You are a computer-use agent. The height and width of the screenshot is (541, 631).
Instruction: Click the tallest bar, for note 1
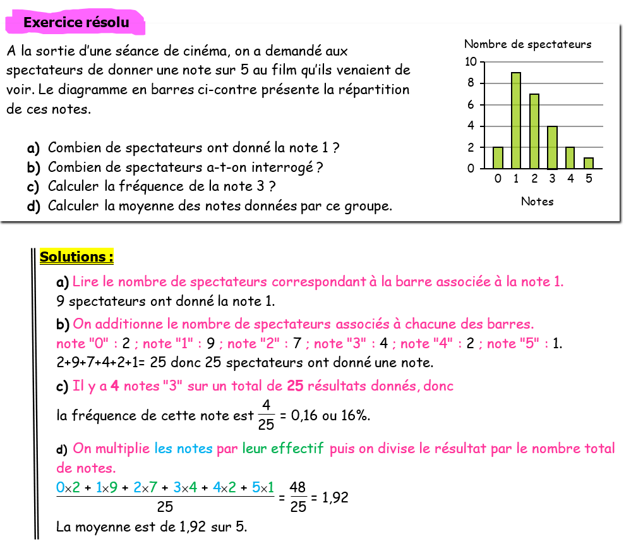pyautogui.click(x=516, y=121)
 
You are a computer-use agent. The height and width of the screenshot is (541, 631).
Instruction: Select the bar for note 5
pyautogui.click(x=588, y=163)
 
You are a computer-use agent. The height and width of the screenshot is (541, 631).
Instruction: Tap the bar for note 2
pyautogui.click(x=534, y=131)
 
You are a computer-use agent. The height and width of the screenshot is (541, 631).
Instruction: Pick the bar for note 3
pyautogui.click(x=552, y=147)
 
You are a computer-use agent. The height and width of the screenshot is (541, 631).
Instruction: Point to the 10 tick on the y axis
pyautogui.click(x=471, y=62)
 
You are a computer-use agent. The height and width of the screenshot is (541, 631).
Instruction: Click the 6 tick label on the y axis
pyautogui.click(x=471, y=105)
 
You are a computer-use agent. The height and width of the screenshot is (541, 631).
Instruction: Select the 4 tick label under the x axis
pyautogui.click(x=570, y=179)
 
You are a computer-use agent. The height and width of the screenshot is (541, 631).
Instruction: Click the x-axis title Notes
pyautogui.click(x=537, y=202)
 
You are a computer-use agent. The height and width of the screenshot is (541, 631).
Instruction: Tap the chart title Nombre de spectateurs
pyautogui.click(x=527, y=44)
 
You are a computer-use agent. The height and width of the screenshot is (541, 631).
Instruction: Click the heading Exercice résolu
pyautogui.click(x=76, y=23)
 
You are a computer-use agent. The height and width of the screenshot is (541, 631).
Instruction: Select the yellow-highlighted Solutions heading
pyautogui.click(x=76, y=257)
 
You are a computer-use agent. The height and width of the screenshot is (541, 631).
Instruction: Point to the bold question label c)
pyautogui.click(x=33, y=187)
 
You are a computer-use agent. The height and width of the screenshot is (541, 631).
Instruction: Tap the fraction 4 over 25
pyautogui.click(x=266, y=416)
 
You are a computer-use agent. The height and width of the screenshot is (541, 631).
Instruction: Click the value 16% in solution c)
pyautogui.click(x=355, y=416)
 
